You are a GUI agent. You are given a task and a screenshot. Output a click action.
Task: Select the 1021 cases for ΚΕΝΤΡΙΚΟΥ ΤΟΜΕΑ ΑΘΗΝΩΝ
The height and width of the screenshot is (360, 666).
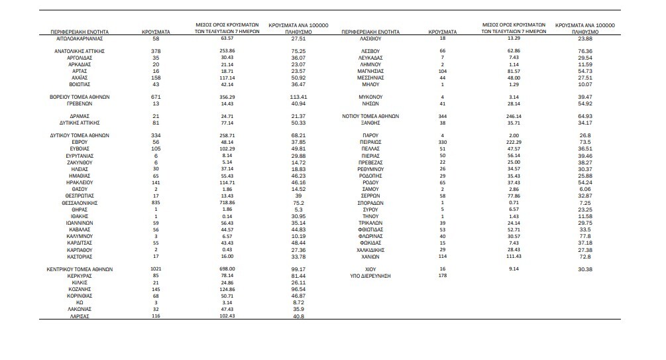(156, 269)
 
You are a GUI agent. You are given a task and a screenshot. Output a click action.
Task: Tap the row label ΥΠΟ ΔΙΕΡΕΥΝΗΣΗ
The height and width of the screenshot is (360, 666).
(370, 275)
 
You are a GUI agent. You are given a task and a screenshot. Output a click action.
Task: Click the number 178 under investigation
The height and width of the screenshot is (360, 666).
(443, 275)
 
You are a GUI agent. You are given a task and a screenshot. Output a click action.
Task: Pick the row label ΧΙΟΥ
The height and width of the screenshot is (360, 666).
(370, 269)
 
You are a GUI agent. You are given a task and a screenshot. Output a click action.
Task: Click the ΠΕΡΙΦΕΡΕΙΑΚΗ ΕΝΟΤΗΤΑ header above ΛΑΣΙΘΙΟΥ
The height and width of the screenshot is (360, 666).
(370, 32)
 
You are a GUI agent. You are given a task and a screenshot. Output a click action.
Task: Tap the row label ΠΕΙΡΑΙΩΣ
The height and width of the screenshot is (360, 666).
(370, 141)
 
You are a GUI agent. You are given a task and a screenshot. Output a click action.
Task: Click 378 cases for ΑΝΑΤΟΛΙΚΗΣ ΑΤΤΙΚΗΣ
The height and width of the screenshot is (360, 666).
(156, 50)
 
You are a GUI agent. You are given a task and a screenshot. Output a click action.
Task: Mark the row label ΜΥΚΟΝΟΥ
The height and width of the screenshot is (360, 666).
(370, 96)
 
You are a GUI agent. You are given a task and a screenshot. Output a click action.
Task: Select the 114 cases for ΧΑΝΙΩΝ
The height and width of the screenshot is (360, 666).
(443, 256)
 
